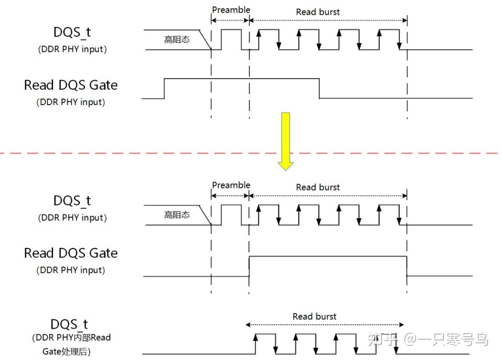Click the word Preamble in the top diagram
[231, 10]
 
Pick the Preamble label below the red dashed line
[231, 185]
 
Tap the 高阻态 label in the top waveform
[177, 40]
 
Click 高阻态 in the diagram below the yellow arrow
[177, 215]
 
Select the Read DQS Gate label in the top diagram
[71, 85]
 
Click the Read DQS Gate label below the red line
[71, 253]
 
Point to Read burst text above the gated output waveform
[314, 316]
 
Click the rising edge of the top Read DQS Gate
[165, 88]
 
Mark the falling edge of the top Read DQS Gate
[319, 88]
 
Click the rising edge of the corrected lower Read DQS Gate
[250, 266]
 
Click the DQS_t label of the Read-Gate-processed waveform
[69, 324]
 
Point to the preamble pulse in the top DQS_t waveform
[231, 39]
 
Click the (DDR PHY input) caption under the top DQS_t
[72, 49]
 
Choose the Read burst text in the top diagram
[318, 12]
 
